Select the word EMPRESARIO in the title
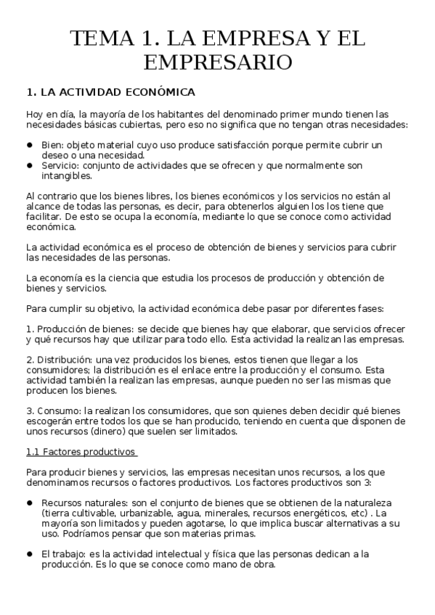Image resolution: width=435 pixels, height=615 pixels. tap(218, 62)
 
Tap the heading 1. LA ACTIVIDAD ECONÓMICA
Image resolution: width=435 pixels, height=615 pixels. tap(110, 92)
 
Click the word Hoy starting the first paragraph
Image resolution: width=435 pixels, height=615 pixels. tap(35, 114)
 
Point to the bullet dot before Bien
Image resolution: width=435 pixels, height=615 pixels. tap(30, 145)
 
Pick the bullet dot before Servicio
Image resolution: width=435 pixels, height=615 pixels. tap(30, 165)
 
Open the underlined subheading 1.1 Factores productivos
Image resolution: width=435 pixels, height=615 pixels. tap(81, 452)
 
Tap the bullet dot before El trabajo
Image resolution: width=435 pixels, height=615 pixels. tap(30, 553)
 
